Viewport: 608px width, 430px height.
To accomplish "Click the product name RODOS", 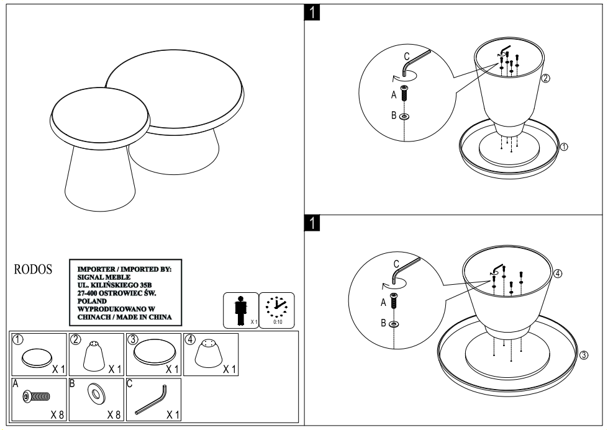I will click(33, 271).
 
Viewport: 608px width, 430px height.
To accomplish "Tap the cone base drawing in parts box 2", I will click(93, 356).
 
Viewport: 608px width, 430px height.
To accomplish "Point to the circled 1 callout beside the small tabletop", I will click(564, 147).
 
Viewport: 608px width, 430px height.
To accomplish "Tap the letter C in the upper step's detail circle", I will click(406, 56).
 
